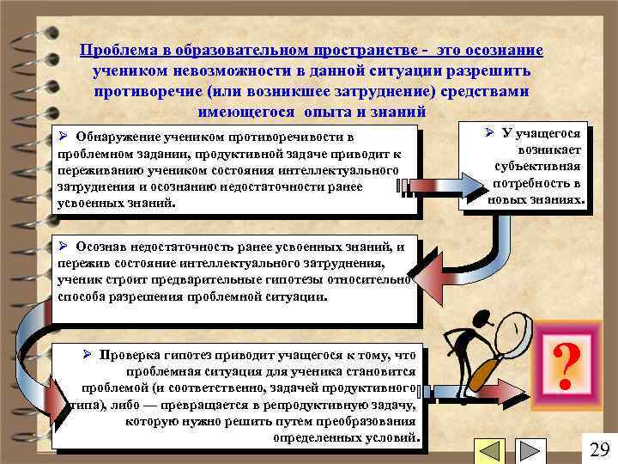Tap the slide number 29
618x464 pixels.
[599, 449]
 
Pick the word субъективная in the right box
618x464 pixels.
[539, 167]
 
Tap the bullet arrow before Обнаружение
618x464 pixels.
[63, 137]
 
